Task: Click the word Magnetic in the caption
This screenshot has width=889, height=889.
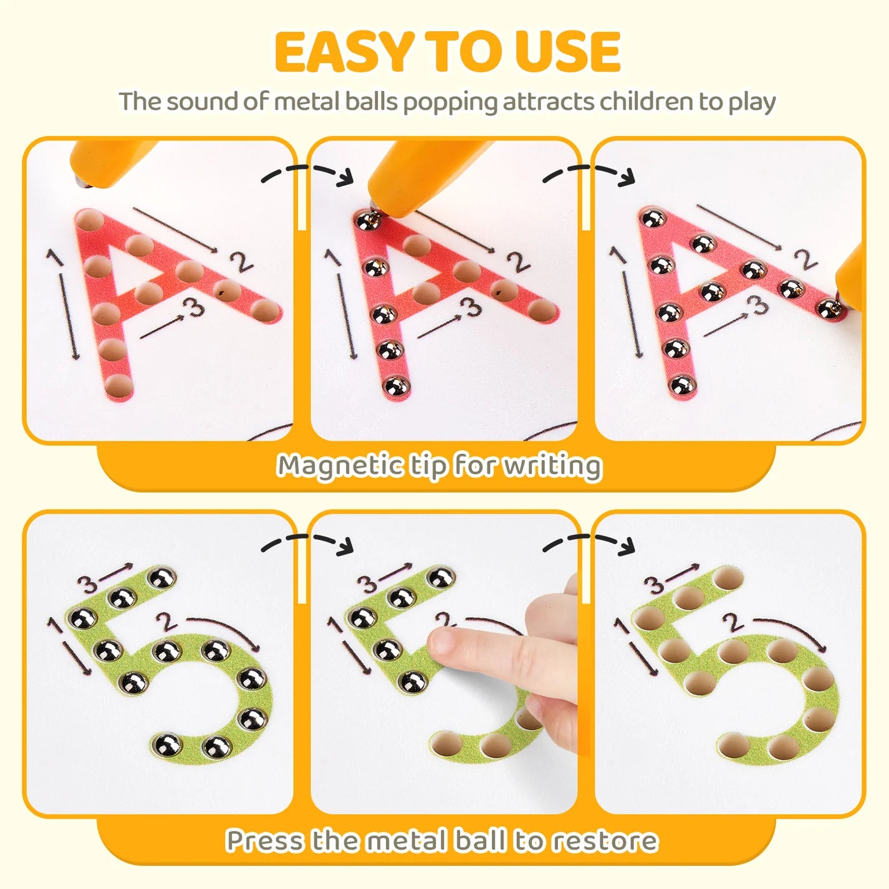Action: (x=340, y=466)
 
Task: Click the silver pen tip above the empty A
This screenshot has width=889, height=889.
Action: (x=83, y=183)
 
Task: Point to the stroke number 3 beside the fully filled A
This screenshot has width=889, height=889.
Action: (x=758, y=304)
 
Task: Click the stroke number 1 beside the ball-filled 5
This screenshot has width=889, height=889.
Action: (x=55, y=625)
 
